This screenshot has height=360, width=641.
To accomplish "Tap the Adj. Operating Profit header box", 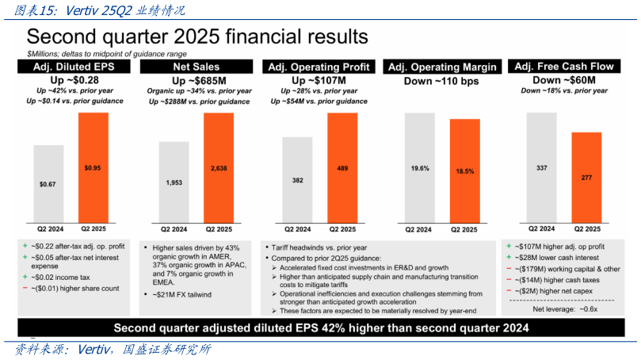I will click(x=319, y=67).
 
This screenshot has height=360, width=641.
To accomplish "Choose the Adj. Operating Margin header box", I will click(x=442, y=67).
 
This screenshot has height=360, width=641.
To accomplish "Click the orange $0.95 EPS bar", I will click(x=93, y=167).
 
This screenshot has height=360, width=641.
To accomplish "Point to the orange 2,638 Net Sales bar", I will click(x=219, y=167).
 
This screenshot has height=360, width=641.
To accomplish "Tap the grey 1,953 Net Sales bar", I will click(x=174, y=181).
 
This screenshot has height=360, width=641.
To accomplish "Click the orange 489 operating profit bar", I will click(x=342, y=167).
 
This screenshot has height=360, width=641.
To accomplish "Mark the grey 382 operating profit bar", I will click(x=297, y=178).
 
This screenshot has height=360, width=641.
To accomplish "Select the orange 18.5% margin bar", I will click(x=465, y=170).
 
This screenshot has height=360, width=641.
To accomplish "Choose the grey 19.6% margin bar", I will click(x=420, y=167).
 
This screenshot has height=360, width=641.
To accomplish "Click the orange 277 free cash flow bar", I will click(x=586, y=177).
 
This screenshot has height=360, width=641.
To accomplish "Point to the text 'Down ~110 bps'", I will click(x=442, y=81).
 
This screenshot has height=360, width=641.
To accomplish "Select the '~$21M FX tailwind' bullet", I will click(x=182, y=295).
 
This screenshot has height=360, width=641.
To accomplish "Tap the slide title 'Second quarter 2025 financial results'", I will click(x=197, y=37).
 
